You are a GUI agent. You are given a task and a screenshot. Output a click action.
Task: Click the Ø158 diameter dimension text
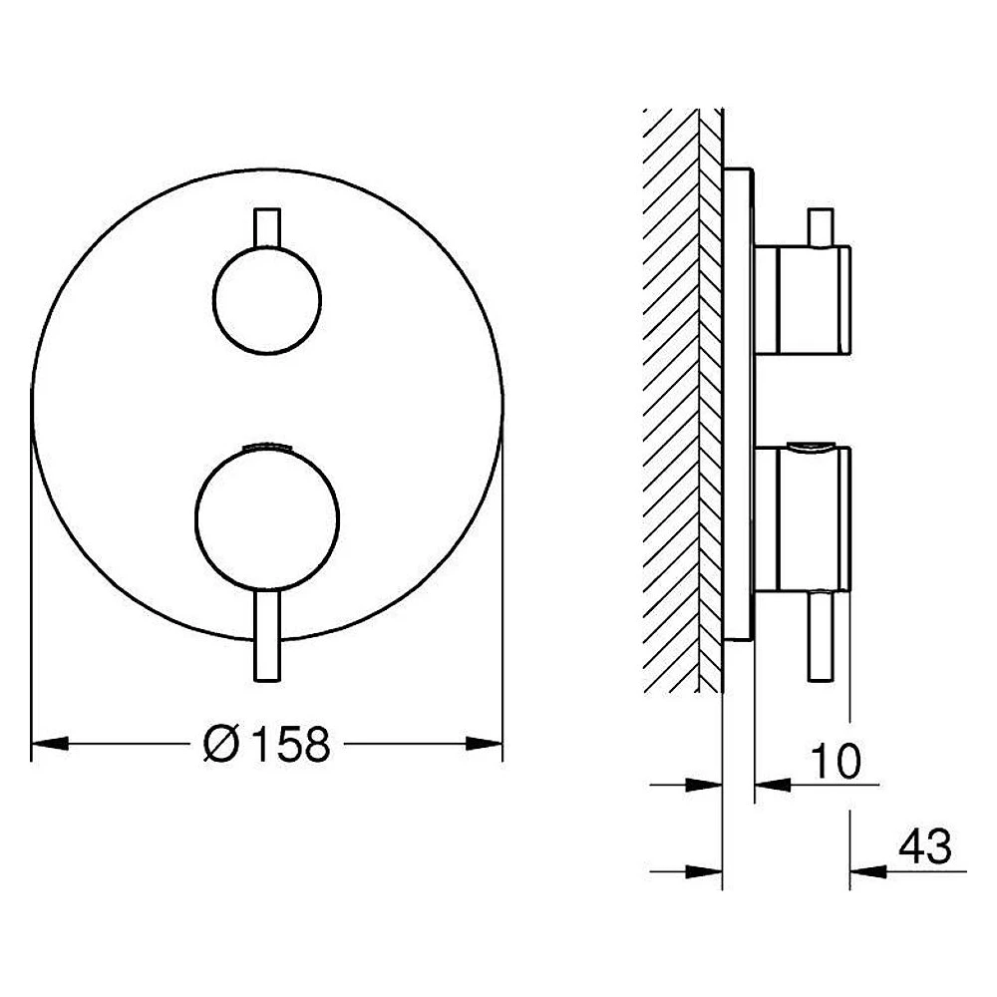coord(267,744)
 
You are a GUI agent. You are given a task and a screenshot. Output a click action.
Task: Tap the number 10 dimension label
coord(835,761)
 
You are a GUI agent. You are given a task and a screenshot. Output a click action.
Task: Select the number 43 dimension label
coord(925,846)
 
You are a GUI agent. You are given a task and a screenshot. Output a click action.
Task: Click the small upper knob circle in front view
coord(267,300)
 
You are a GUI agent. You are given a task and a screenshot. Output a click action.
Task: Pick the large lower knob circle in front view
coord(267,520)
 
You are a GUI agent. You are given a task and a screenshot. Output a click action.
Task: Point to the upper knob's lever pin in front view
coord(267,227)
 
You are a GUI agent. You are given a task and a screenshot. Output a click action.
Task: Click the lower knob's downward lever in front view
coord(267,636)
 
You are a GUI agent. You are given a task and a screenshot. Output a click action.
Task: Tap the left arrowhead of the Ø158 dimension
coord(50,744)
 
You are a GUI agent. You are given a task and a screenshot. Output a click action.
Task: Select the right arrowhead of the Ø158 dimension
coord(484,744)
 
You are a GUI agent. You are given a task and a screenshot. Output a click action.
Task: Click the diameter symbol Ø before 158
coord(221,744)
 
